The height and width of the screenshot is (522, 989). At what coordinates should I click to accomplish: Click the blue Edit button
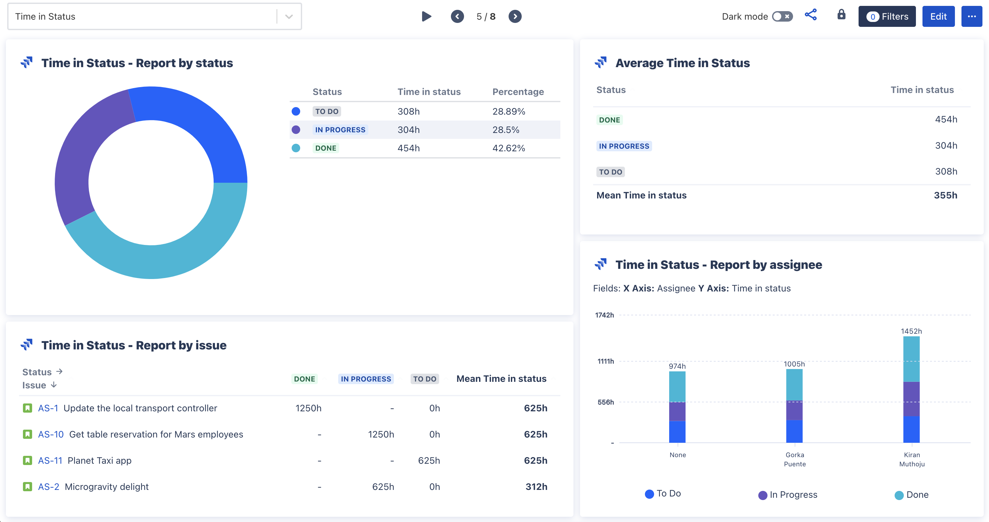tap(938, 16)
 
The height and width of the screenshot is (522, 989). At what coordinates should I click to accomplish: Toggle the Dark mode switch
tap(782, 16)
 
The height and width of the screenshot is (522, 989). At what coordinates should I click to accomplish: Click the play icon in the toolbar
tap(426, 16)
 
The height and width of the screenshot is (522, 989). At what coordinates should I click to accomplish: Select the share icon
tap(810, 15)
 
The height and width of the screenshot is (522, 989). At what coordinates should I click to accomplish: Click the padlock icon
tap(841, 15)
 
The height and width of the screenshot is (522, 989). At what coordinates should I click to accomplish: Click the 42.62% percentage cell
tap(508, 148)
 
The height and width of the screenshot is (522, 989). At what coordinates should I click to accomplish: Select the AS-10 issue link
tap(51, 434)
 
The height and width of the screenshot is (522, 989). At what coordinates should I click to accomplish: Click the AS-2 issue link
tap(48, 487)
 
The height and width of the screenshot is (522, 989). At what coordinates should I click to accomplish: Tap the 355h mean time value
tap(945, 195)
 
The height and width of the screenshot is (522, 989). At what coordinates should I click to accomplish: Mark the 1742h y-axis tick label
tap(604, 315)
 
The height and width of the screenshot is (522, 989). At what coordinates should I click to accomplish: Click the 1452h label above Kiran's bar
tap(911, 331)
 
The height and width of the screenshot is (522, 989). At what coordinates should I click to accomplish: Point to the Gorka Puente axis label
tap(794, 459)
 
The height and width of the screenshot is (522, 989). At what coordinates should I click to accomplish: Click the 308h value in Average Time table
tap(946, 172)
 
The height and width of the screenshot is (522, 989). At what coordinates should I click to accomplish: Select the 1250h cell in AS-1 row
tap(308, 408)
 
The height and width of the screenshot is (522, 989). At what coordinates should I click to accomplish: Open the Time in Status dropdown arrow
tap(289, 16)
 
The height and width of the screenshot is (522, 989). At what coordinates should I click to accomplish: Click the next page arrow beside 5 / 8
tap(515, 16)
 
